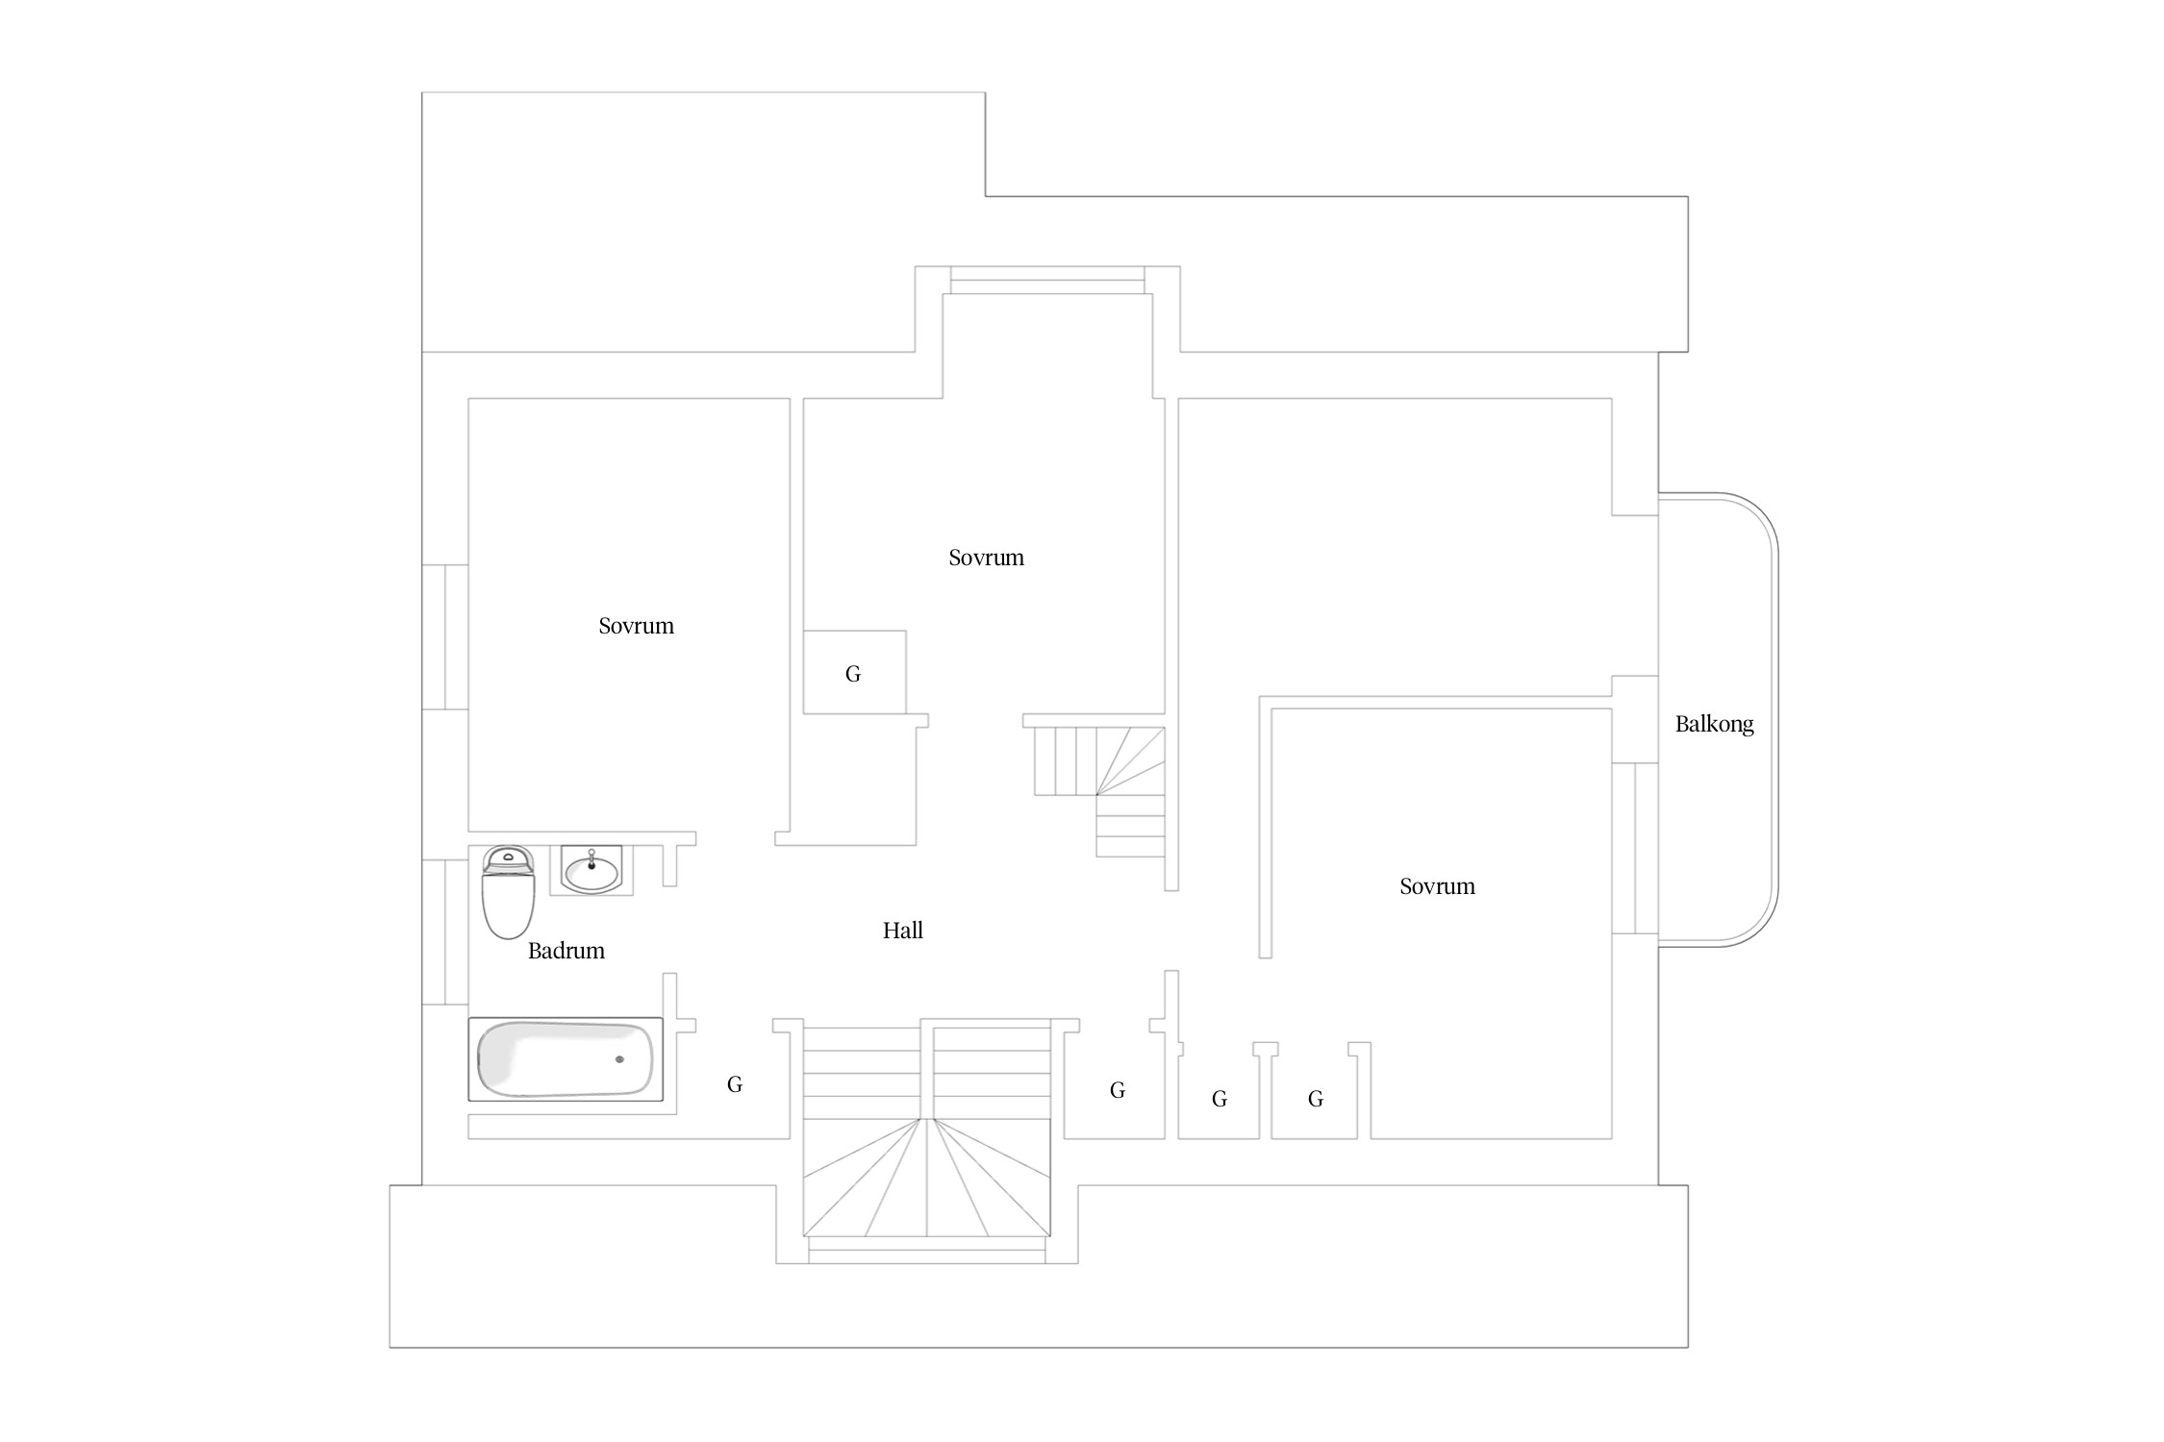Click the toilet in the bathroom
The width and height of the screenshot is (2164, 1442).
coord(508,892)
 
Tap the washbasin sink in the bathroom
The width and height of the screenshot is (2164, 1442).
coord(591,871)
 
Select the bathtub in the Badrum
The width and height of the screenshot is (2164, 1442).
coord(566,1058)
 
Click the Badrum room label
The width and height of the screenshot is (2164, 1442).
coord(566,951)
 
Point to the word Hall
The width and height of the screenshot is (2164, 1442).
coord(903,930)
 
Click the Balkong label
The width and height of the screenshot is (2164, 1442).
coord(1715,724)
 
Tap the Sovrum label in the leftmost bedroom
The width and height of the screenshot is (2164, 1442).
coord(637,626)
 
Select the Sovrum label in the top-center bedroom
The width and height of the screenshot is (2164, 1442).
coord(987,558)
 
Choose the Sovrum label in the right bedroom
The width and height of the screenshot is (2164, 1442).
coord(1438,886)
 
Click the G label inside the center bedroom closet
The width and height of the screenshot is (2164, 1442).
coord(853,674)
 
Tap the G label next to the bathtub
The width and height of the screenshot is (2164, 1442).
coord(735,1084)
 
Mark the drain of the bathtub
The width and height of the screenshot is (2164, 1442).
coord(619,1059)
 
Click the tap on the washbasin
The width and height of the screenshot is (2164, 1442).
coord(591,858)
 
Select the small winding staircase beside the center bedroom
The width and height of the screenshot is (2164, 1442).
coord(1099,790)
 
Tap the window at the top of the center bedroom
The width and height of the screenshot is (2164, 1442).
coord(1047,280)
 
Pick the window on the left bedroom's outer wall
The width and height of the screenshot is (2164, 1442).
coord(445,636)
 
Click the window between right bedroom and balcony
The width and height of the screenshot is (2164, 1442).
coord(1635,848)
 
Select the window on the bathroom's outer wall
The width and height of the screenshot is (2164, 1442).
coord(445,932)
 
